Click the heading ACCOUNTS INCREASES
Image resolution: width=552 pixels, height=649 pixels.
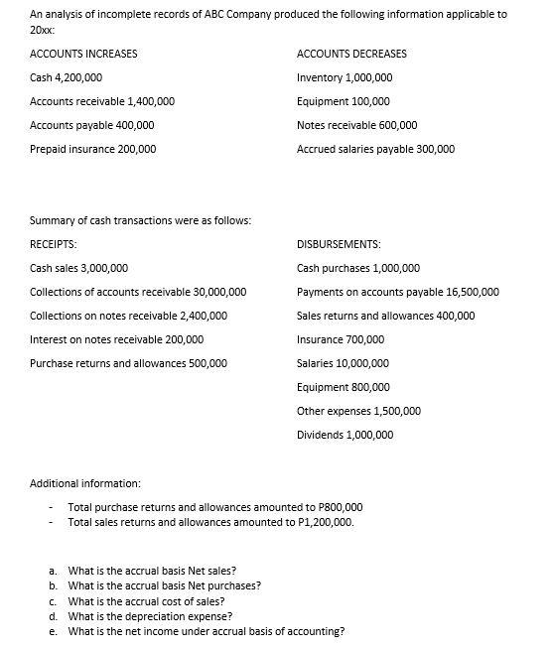point(83,54)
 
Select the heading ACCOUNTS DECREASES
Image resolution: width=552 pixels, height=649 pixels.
point(351,54)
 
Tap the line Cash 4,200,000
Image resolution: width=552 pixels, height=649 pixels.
point(66,77)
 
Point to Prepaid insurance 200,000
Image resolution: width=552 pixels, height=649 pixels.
point(92,149)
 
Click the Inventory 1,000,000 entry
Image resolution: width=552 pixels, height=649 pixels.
point(344,77)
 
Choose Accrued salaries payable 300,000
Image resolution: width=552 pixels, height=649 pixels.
point(375,149)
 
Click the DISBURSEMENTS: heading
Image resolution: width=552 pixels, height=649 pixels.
point(340,243)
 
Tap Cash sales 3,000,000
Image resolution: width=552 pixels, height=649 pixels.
point(78,268)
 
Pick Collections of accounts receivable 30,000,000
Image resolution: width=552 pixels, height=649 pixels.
point(138,292)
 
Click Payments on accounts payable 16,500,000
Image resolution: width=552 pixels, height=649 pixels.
point(397,292)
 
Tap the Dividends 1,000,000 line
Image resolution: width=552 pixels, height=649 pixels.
point(345,435)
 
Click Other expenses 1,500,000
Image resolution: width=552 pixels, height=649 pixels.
point(358,411)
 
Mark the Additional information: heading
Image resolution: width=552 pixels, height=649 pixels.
point(84,483)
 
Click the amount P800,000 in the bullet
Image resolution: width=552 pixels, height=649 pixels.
point(340,507)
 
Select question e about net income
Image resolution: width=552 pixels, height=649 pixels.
point(206,630)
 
